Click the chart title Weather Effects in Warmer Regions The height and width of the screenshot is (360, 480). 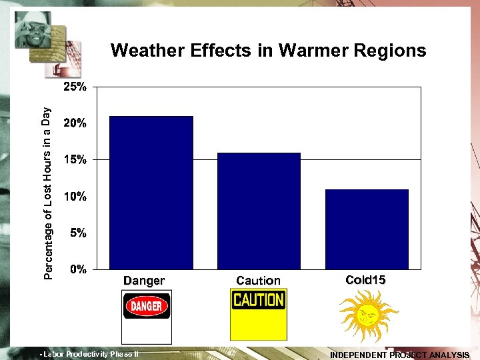[x=268, y=51]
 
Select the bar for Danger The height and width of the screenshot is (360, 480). [x=151, y=193]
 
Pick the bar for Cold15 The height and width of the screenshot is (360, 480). [x=367, y=229]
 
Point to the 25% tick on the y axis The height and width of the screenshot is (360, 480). [x=75, y=87]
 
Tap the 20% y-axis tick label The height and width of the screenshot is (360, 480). [x=75, y=123]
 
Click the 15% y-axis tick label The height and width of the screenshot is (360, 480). [x=75, y=160]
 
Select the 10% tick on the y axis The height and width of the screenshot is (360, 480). [x=75, y=197]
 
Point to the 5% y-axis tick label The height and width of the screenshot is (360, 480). [x=78, y=233]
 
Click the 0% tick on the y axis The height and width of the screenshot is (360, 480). [x=78, y=269]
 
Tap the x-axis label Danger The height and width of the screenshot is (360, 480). [x=143, y=281]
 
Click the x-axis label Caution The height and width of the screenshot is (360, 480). [x=258, y=281]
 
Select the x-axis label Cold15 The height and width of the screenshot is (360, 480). [x=365, y=280]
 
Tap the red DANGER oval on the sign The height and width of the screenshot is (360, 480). [x=147, y=307]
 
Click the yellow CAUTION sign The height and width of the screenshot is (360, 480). [x=259, y=314]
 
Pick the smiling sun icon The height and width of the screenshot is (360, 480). [x=367, y=315]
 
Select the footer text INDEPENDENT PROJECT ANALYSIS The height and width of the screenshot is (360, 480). [x=399, y=355]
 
